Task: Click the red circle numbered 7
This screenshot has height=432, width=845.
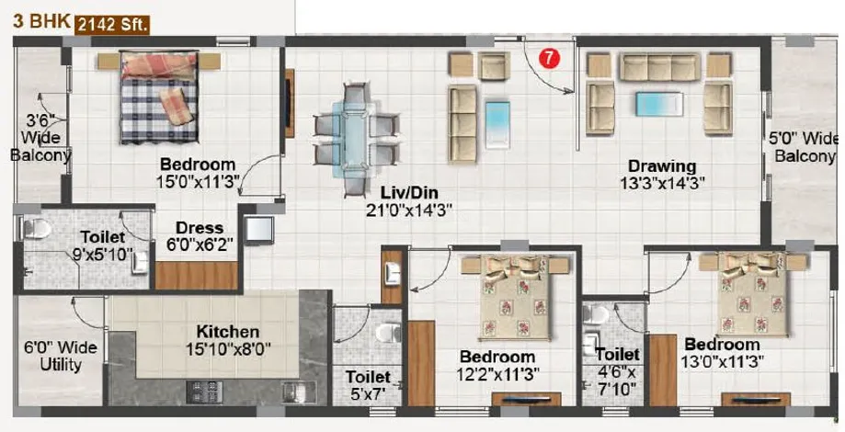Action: click(x=549, y=59)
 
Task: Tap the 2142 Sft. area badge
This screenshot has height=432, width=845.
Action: click(x=112, y=25)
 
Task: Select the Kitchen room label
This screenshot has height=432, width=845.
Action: click(x=227, y=331)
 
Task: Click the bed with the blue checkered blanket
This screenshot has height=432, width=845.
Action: click(x=159, y=97)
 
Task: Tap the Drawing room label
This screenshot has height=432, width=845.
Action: click(x=662, y=165)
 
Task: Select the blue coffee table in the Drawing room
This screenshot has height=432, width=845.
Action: click(x=659, y=104)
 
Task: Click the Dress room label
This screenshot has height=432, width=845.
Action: click(x=200, y=228)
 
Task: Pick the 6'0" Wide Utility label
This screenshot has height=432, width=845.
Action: click(x=61, y=356)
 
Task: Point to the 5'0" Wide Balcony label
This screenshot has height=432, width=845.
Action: click(x=804, y=147)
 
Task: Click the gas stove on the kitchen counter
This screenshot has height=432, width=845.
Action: click(x=204, y=392)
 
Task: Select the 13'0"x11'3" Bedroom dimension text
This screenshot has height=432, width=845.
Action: click(x=721, y=361)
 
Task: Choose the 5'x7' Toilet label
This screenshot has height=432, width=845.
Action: click(x=368, y=385)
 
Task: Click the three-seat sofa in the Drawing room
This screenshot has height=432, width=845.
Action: click(x=659, y=67)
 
